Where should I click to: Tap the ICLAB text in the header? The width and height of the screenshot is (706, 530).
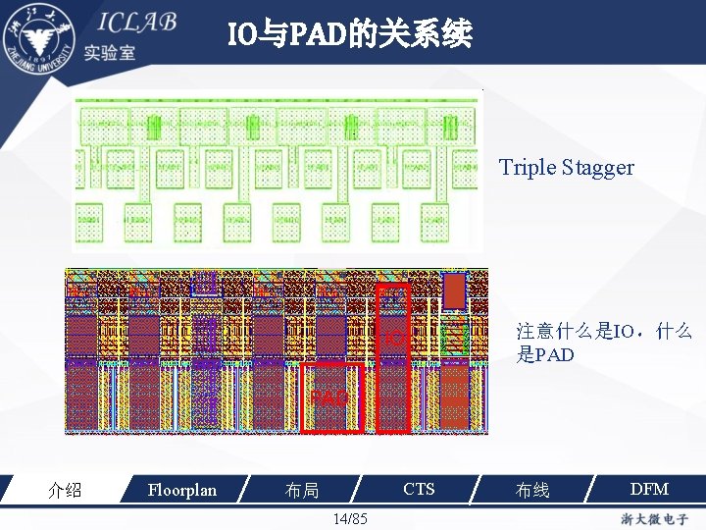tap(136, 24)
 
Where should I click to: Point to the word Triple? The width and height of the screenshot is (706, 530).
tap(528, 167)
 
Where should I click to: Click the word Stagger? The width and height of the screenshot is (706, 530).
tap(598, 168)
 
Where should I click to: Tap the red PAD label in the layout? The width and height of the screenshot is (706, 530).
tap(330, 398)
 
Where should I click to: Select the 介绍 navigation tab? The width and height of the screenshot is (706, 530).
tap(65, 490)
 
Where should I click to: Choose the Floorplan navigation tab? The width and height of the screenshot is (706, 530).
tap(181, 489)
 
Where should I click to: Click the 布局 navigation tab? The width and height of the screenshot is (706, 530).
tap(302, 490)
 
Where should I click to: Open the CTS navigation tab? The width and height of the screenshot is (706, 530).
tap(419, 489)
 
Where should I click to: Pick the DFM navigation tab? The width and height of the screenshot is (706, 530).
tap(648, 489)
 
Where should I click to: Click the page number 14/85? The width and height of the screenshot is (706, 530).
tap(350, 518)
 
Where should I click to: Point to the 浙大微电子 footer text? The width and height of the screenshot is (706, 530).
tap(656, 517)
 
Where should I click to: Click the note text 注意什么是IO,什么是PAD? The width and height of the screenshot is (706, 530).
tap(604, 343)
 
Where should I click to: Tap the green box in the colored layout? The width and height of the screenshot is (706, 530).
tap(453, 339)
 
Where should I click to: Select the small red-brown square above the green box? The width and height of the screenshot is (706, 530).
tap(455, 291)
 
